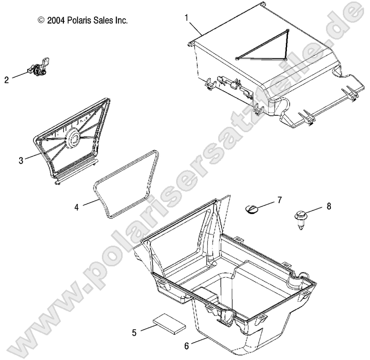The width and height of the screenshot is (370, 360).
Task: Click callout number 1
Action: (x=186, y=18)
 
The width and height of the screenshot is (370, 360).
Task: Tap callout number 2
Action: (x=6, y=79)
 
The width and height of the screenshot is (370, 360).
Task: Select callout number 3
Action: (x=21, y=160)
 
